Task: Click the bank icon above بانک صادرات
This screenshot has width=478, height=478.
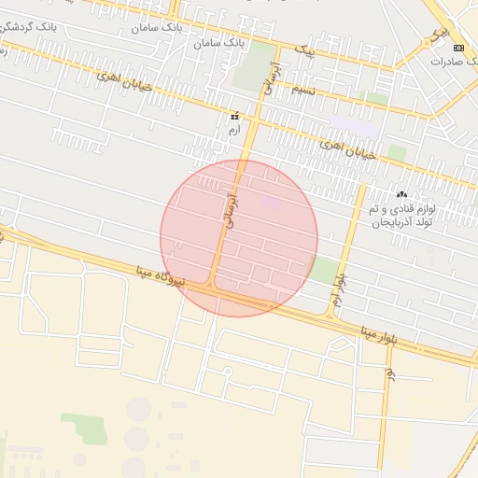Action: [457, 48]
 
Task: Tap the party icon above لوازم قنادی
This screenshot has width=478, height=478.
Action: [402, 194]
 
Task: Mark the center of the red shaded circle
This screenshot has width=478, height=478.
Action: [239, 237]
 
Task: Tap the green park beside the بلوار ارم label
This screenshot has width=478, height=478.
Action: [323, 271]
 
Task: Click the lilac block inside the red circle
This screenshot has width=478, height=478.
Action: [271, 201]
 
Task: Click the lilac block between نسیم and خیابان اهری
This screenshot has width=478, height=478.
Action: [350, 124]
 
